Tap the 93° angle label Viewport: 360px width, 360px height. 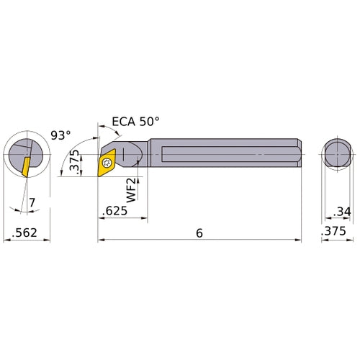[62, 135]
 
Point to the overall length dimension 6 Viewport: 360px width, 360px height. [199, 233]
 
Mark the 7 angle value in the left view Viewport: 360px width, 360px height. [32, 204]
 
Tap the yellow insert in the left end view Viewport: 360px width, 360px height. [25, 165]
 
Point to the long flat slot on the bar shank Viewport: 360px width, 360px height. [223, 153]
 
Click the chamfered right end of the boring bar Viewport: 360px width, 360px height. [296, 153]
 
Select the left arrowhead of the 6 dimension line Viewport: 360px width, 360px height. [102, 240]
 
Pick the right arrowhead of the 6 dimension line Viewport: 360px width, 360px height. [297, 240]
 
